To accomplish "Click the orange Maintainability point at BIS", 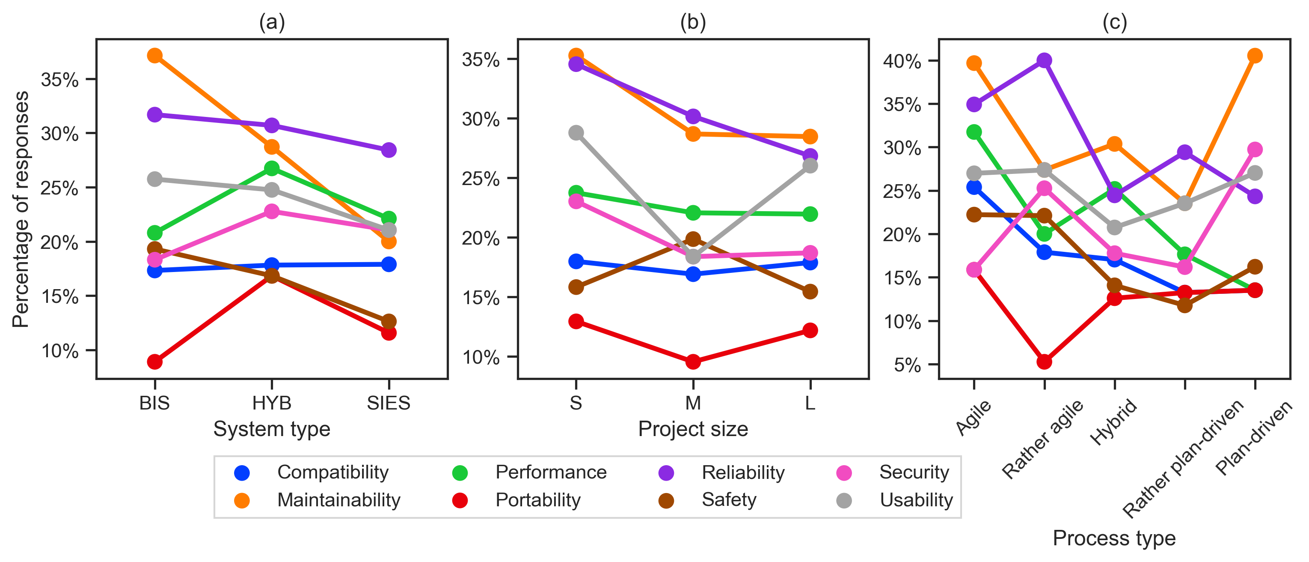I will coord(155,55).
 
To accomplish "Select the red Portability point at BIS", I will coord(155,362).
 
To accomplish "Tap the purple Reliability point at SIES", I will coord(389,150).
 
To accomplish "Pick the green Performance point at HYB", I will coord(272,168).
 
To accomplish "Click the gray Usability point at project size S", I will coord(576,133).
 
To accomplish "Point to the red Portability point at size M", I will coord(693,362).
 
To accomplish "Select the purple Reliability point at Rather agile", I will coord(1044,60).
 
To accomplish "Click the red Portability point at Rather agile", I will coord(1044,362).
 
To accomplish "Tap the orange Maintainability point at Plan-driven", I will coord(1255,55).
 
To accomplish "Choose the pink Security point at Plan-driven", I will coord(1255,149).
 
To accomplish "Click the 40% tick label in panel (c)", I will coord(902,62).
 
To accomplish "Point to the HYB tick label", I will coord(272,404).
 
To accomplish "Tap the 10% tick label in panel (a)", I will coord(60,351).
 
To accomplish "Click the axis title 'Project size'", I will coord(693,429).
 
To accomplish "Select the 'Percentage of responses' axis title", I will coord(21,209).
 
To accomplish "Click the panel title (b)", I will coord(693,22).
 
